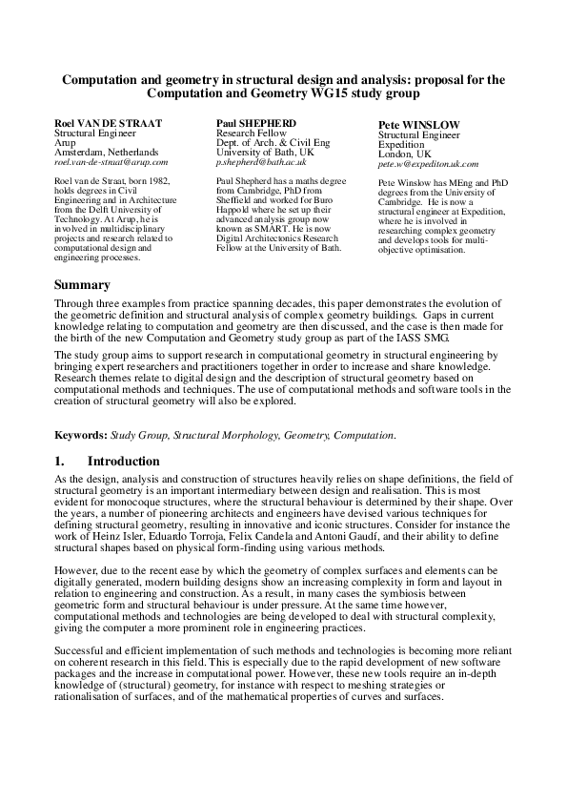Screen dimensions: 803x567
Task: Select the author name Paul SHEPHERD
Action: point(256,124)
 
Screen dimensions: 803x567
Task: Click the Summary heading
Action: point(82,285)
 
